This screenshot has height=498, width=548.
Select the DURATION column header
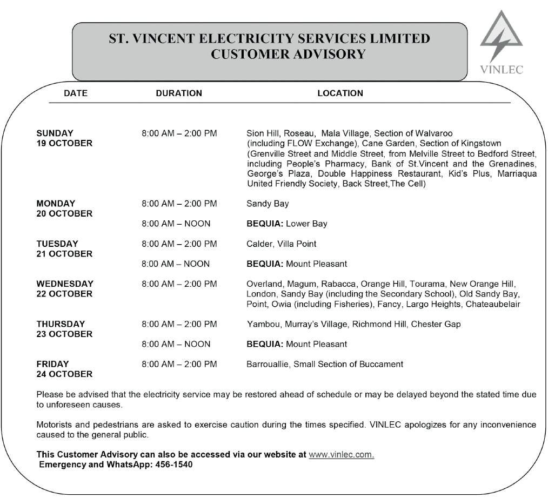click(179, 93)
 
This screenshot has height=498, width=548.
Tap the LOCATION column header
click(340, 93)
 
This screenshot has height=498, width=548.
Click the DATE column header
click(76, 93)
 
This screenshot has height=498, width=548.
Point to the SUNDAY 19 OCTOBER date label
click(64, 138)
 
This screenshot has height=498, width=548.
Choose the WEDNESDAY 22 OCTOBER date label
click(65, 288)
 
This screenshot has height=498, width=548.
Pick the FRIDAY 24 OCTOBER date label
click(64, 369)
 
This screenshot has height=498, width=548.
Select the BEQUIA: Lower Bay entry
click(287, 224)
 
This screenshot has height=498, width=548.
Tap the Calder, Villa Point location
click(281, 244)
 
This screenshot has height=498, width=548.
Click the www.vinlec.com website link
click(341, 454)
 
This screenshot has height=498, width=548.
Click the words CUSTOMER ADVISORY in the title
click(288, 54)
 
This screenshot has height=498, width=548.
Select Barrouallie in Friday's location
click(269, 364)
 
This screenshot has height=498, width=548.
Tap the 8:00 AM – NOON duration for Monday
click(176, 224)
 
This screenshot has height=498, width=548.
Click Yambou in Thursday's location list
click(261, 324)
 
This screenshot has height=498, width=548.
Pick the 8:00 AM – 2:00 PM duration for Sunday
click(179, 133)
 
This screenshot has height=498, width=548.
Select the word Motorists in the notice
click(55, 425)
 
